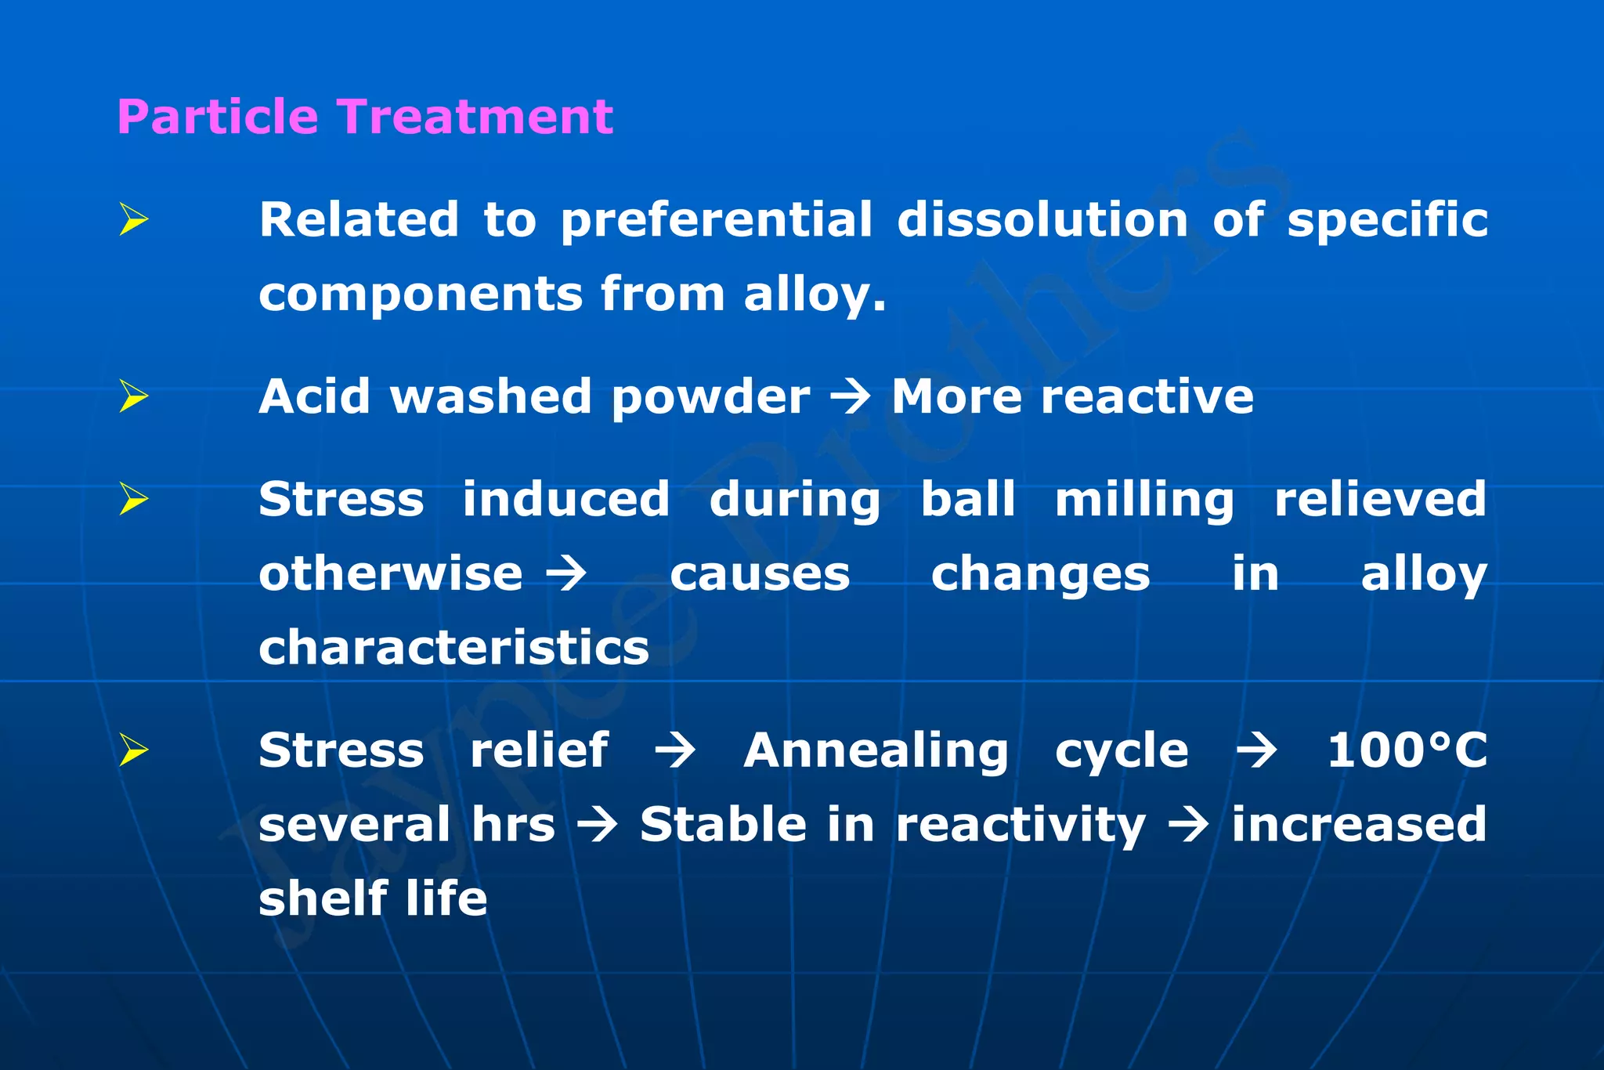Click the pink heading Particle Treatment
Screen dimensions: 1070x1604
click(365, 117)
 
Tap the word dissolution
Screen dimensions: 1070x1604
click(1042, 219)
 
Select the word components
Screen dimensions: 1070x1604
click(421, 295)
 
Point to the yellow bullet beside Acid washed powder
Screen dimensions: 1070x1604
click(134, 396)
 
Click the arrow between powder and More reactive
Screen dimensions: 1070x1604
click(851, 397)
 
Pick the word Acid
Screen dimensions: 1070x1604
click(313, 396)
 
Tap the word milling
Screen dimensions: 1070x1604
click(1144, 501)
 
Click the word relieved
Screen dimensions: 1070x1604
click(1380, 499)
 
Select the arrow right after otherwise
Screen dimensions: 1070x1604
click(566, 574)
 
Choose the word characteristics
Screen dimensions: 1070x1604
click(454, 648)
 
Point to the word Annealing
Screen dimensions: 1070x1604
click(876, 751)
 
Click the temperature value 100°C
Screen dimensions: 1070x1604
click(1407, 750)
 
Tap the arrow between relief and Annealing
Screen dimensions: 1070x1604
click(675, 751)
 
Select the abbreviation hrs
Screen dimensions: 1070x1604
click(513, 825)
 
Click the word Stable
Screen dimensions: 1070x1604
click(723, 825)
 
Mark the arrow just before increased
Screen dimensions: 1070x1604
click(1188, 826)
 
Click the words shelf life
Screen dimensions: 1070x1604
click(373, 898)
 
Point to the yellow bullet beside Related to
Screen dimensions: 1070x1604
click(134, 219)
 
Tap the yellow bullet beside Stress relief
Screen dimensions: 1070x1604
click(134, 750)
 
